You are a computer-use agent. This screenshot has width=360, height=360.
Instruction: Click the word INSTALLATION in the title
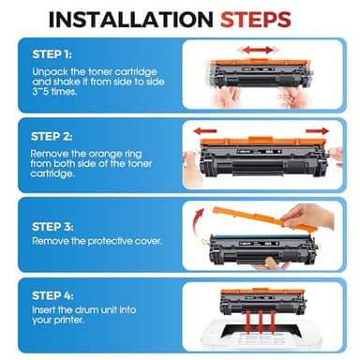[131, 20]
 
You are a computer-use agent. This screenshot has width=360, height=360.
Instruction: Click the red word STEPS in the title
[256, 20]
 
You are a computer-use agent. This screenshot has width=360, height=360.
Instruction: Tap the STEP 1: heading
[52, 54]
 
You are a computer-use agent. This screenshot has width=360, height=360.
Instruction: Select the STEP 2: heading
[52, 137]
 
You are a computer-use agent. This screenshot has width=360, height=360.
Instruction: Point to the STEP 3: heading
[52, 227]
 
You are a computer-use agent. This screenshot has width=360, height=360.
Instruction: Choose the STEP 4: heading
[52, 295]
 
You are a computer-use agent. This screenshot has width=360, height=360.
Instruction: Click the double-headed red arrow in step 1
[258, 50]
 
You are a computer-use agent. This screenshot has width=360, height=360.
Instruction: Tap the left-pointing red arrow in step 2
[205, 131]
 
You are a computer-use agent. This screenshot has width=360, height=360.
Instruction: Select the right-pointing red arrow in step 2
[317, 131]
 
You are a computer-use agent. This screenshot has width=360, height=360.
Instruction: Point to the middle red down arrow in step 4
[260, 322]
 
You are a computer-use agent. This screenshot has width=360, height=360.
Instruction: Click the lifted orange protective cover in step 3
[264, 218]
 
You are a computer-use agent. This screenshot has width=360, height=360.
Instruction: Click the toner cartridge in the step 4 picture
[262, 301]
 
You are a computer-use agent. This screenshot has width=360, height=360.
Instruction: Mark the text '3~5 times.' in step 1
[54, 92]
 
